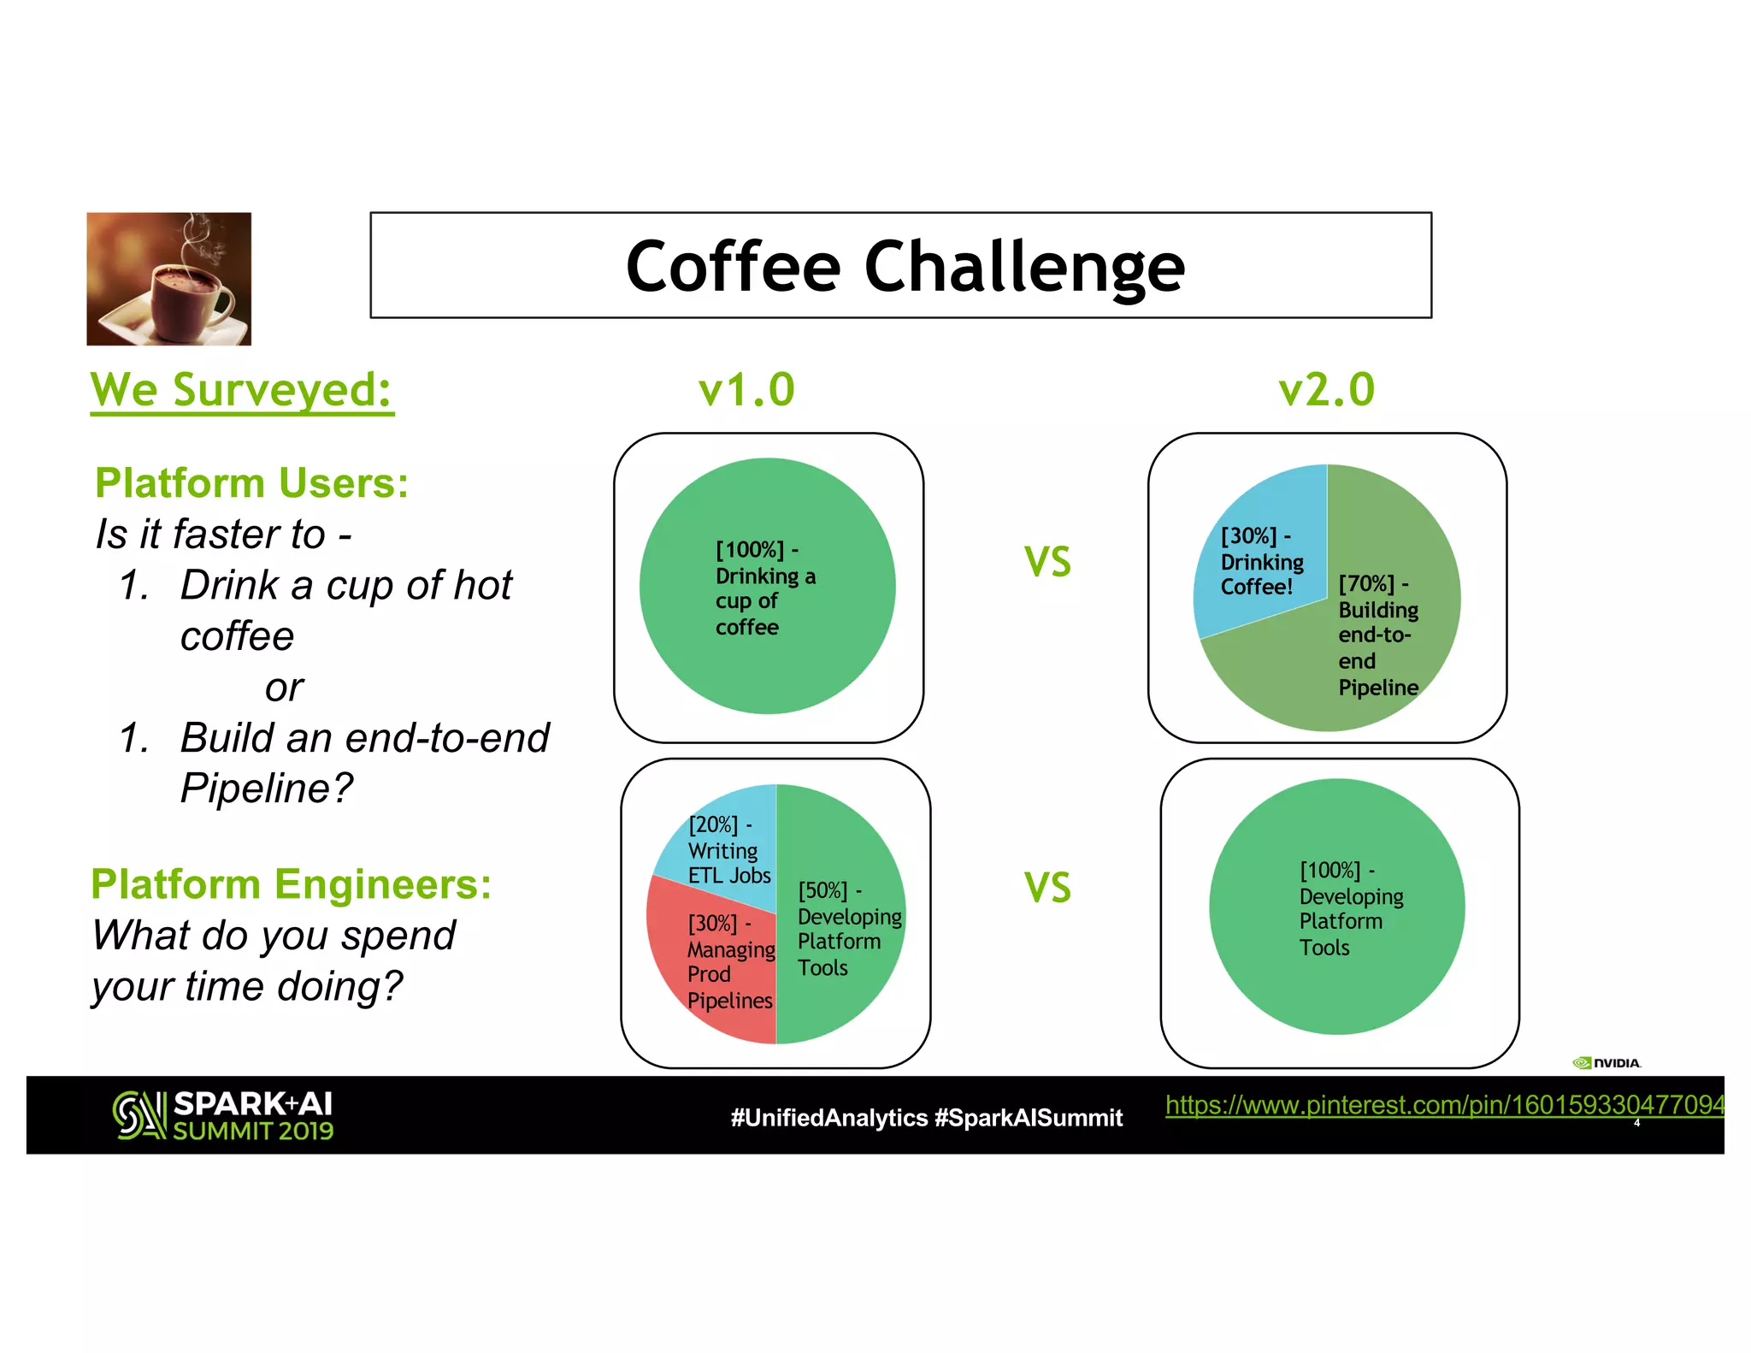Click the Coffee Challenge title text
click(x=905, y=267)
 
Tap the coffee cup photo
click(x=169, y=279)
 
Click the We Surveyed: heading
click(x=242, y=391)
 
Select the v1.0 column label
click(x=746, y=390)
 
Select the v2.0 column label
click(x=1326, y=390)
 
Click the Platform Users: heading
click(x=251, y=483)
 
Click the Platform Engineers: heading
click(x=291, y=884)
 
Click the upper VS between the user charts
click(x=1047, y=562)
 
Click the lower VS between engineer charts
click(x=1047, y=887)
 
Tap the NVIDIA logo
click(x=1607, y=1063)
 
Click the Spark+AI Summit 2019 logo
click(x=223, y=1115)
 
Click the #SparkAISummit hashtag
click(x=1029, y=1118)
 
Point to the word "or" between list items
click(x=284, y=688)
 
